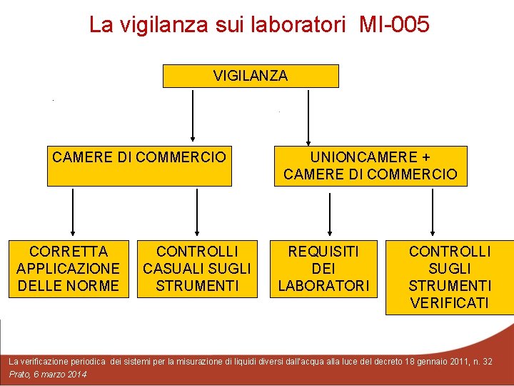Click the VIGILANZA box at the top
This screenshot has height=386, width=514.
(251, 76)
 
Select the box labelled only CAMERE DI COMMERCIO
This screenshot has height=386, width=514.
(139, 166)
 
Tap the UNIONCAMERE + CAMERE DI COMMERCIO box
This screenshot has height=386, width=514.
(371, 166)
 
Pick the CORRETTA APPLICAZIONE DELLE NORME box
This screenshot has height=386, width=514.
(68, 268)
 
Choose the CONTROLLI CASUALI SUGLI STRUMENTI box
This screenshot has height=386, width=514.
(197, 268)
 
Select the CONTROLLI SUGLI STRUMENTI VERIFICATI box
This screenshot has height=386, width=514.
(450, 277)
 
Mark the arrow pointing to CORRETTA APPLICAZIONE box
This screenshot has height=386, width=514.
(72, 214)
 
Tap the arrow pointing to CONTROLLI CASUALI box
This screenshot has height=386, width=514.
(198, 214)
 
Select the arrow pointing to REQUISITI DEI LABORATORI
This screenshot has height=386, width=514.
(329, 214)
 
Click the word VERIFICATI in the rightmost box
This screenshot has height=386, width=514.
(450, 303)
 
